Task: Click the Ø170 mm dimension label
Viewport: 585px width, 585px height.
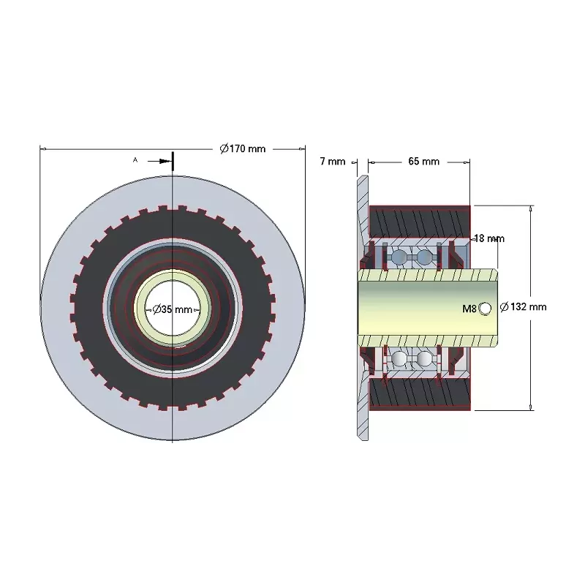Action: pyautogui.click(x=243, y=149)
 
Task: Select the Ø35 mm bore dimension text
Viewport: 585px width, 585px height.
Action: pyautogui.click(x=173, y=309)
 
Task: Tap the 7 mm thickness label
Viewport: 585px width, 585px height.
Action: pyautogui.click(x=333, y=162)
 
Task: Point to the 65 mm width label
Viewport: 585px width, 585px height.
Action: pyautogui.click(x=424, y=162)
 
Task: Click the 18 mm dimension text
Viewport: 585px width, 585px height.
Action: pyautogui.click(x=489, y=238)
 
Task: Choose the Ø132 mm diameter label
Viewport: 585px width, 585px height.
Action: pyautogui.click(x=523, y=307)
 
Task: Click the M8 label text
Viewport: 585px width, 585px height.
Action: pyautogui.click(x=469, y=309)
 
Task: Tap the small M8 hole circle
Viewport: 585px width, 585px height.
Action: pyautogui.click(x=486, y=309)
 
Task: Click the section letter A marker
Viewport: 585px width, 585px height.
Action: pyautogui.click(x=135, y=160)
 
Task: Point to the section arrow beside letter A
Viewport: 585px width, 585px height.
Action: pyautogui.click(x=159, y=161)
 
